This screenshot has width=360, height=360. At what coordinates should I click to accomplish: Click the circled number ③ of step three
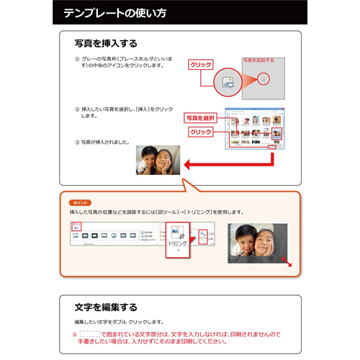77,141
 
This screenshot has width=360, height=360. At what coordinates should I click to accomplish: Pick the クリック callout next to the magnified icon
201,65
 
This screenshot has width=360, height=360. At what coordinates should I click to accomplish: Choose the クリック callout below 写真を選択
201,132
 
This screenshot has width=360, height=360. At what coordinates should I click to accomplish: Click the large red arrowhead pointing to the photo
189,164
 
